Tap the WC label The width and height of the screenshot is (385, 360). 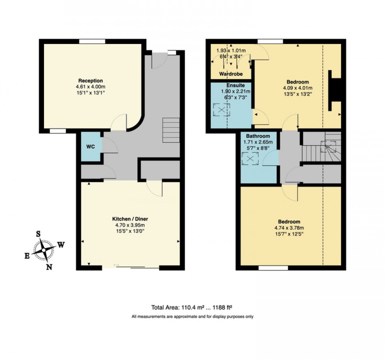coord(90,147)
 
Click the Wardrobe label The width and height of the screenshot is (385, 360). coord(231,74)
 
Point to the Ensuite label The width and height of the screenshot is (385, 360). coord(235,85)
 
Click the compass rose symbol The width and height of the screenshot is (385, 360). coord(44,250)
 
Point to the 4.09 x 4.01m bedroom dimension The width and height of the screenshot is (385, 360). coord(297,88)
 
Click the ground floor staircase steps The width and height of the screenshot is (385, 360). coord(171,130)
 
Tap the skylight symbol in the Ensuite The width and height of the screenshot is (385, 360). coord(222,110)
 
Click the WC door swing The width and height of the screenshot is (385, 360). coord(110,146)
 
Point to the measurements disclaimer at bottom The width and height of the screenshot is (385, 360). coord(192,316)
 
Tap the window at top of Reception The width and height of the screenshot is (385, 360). coord(92,41)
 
